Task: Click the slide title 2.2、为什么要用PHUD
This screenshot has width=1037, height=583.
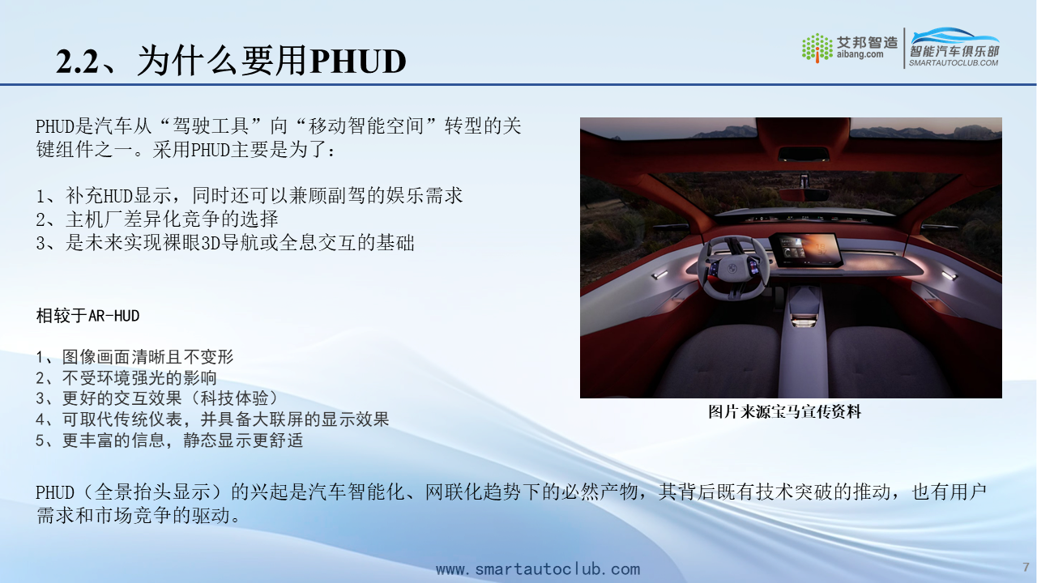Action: click(231, 61)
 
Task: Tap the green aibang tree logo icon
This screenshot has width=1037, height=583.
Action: click(817, 48)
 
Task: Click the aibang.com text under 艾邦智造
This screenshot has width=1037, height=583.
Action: click(860, 54)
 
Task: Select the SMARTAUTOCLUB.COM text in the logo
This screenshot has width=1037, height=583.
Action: click(954, 63)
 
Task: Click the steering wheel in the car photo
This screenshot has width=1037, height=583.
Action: click(734, 267)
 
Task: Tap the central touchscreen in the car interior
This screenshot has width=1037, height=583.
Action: click(806, 250)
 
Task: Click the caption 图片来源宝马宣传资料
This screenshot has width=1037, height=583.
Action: click(785, 411)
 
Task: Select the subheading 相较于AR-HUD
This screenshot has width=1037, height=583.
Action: click(88, 316)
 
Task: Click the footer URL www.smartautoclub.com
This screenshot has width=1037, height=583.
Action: click(538, 568)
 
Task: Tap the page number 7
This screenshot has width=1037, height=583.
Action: click(1026, 568)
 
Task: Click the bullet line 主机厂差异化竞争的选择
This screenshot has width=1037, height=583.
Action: click(157, 219)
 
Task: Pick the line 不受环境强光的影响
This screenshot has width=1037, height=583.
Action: click(126, 377)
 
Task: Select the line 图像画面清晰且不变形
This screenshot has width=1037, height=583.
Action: click(134, 357)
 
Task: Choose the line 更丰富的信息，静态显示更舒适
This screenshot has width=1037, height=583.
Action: click(169, 440)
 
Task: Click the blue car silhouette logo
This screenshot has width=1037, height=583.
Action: click(954, 36)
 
